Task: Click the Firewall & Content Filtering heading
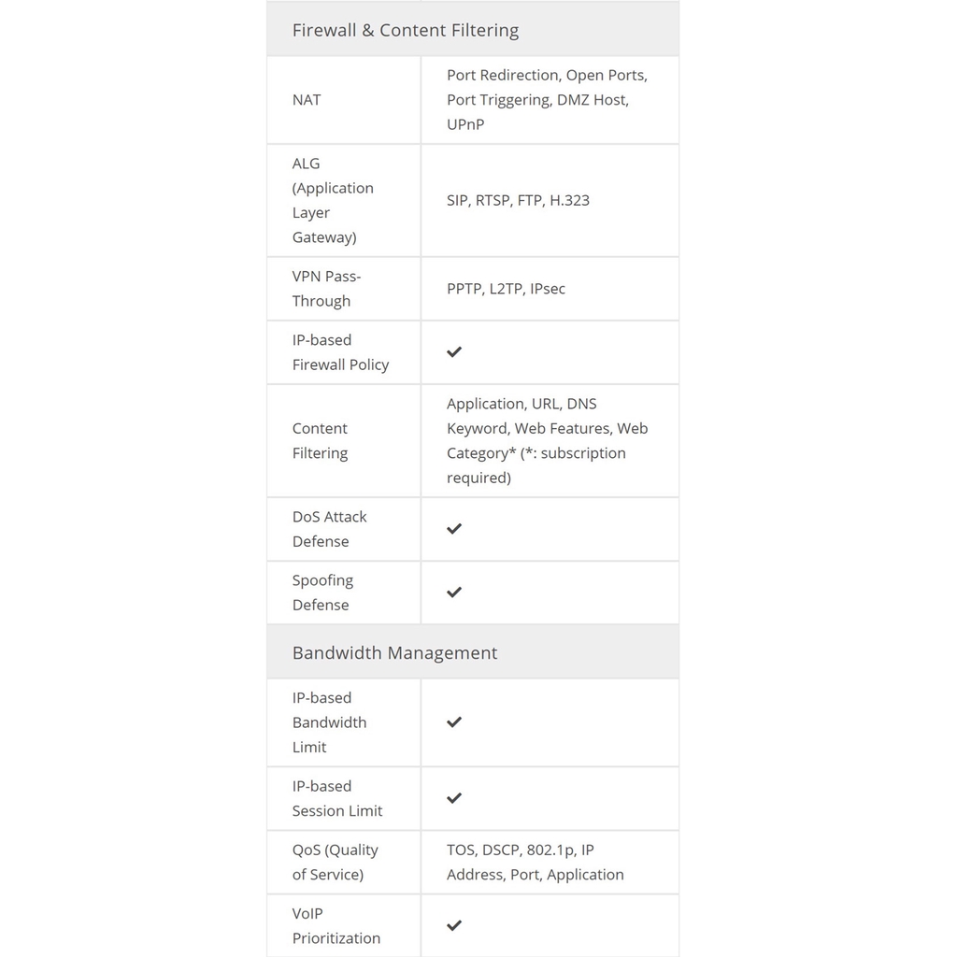(x=405, y=30)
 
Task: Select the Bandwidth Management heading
(x=394, y=652)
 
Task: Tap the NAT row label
(x=307, y=100)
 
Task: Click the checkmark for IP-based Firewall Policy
(x=454, y=352)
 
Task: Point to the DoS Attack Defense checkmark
(x=454, y=529)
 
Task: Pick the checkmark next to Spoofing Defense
(x=454, y=593)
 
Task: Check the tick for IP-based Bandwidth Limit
(x=454, y=722)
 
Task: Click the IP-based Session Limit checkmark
(x=454, y=798)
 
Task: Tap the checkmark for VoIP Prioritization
(x=454, y=925)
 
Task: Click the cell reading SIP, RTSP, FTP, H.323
(x=518, y=200)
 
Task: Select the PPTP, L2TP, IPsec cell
(x=506, y=289)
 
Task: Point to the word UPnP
(x=465, y=124)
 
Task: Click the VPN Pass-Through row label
(x=325, y=289)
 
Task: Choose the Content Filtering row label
(x=320, y=440)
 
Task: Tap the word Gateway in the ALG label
(x=324, y=237)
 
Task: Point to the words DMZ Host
(x=593, y=100)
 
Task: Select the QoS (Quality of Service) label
(x=335, y=863)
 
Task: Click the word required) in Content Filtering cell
(x=478, y=478)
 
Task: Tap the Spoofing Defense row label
(x=322, y=593)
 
